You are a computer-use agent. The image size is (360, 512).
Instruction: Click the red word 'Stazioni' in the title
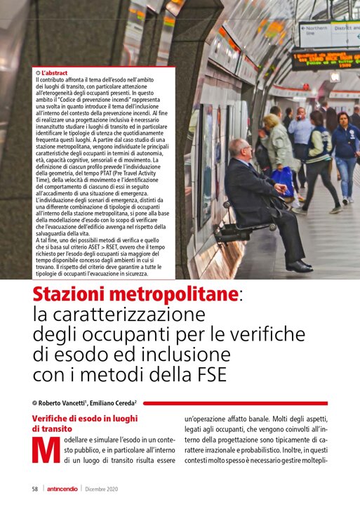pos(74,295)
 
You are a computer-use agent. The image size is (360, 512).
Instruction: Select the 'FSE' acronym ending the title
pos(207,374)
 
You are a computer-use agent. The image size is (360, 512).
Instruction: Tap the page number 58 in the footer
pos(34,489)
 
